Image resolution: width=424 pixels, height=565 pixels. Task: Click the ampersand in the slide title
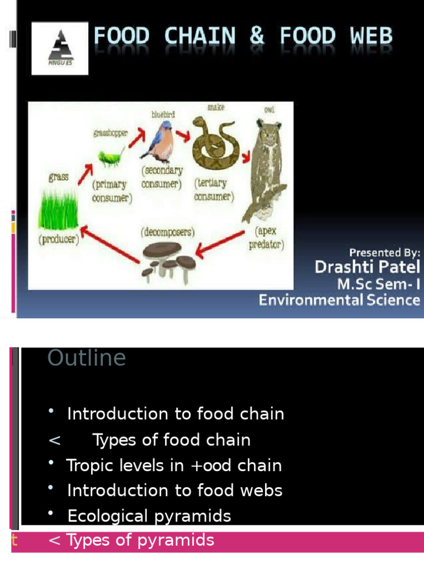click(257, 37)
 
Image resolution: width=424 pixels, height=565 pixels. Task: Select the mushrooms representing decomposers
click(168, 259)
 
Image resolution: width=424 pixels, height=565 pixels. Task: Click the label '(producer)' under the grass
click(59, 240)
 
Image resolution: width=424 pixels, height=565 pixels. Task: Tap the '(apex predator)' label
click(267, 237)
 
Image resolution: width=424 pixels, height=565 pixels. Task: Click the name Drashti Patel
click(367, 268)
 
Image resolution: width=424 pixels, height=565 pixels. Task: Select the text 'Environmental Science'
click(340, 300)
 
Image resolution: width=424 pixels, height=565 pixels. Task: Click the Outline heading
click(87, 358)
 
